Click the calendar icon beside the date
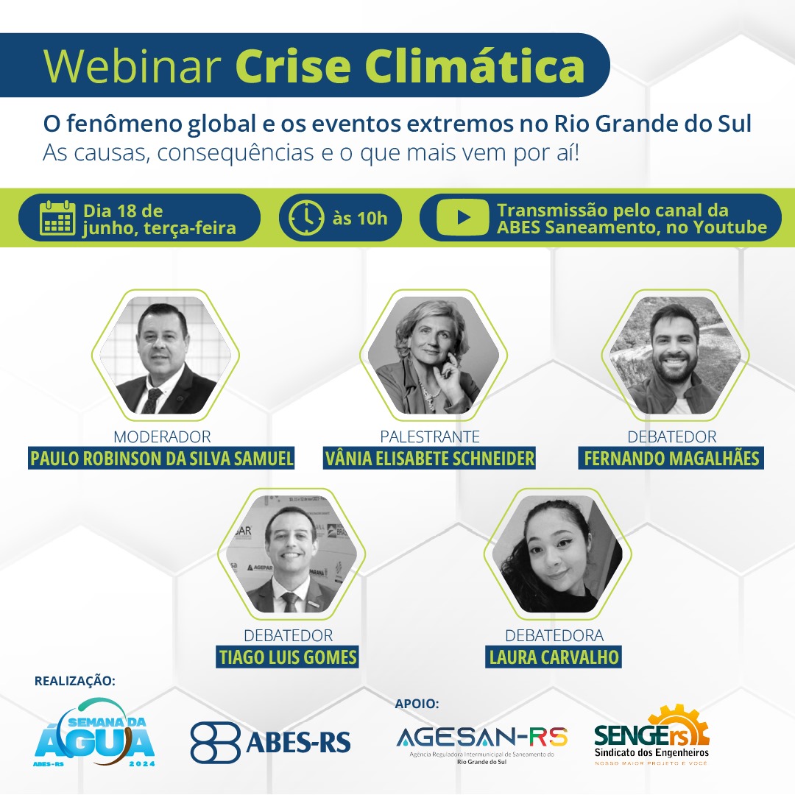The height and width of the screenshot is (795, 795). tap(57, 218)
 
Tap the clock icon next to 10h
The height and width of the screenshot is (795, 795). tap(306, 218)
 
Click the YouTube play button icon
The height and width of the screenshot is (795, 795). tap(462, 217)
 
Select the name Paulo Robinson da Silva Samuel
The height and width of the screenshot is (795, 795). tap(161, 459)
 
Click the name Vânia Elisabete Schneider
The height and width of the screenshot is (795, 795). tap(429, 459)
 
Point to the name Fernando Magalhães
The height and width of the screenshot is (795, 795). tap(671, 459)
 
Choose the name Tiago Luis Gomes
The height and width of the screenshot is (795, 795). tap(288, 657)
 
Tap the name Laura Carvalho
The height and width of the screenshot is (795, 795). tap(554, 657)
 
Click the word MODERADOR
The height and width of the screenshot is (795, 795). tap(162, 437)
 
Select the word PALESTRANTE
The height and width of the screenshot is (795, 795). tap(430, 437)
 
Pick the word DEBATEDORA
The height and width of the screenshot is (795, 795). tap(554, 635)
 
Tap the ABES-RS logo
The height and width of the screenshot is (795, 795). tap(270, 742)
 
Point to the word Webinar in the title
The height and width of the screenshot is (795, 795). tap(132, 66)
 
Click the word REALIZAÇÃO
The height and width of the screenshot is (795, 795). tap(74, 680)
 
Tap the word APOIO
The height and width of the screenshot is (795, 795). tap(417, 703)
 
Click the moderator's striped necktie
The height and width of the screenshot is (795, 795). tap(151, 400)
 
